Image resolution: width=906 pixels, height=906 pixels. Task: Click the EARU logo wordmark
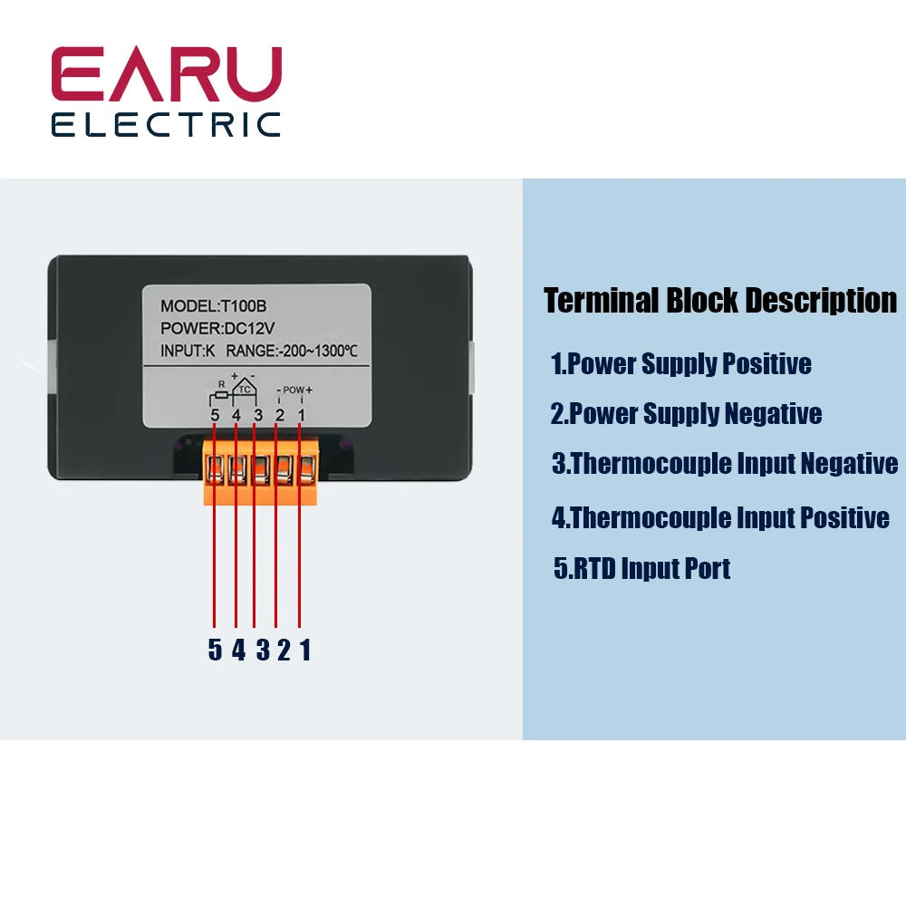(166, 75)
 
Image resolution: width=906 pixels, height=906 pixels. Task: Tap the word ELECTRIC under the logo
(166, 124)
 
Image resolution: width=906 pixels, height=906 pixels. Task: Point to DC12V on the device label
(247, 328)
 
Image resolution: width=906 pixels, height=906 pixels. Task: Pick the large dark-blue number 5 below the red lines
(215, 650)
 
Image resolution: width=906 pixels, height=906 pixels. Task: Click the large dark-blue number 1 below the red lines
(305, 650)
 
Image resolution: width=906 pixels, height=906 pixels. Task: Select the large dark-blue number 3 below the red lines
(262, 650)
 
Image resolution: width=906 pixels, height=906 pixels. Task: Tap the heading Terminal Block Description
(720, 300)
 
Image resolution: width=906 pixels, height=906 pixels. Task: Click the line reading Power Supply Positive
(681, 364)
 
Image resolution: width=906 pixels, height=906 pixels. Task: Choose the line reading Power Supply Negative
(686, 414)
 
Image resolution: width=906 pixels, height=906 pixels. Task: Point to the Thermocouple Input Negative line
(725, 464)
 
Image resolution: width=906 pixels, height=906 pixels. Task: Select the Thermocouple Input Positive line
(721, 518)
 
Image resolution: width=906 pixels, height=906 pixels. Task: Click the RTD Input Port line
(642, 569)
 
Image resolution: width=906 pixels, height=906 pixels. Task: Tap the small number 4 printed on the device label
(236, 415)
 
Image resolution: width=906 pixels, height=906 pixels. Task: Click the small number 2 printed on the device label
(280, 415)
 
